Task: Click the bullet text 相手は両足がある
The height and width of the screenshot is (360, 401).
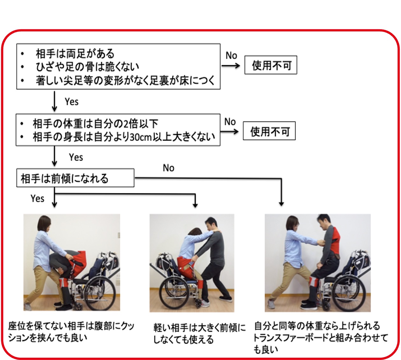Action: pos(75,53)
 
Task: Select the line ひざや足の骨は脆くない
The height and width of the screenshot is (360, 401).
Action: pos(87,67)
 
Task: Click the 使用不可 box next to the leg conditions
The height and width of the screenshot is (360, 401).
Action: pos(271,66)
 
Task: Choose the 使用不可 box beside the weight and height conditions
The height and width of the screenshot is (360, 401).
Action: pos(269,131)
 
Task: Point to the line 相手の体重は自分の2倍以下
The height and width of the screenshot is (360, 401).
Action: pos(95,123)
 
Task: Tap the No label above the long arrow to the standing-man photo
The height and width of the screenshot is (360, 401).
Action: pos(168,168)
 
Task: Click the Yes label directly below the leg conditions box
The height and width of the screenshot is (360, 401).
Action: pos(71,102)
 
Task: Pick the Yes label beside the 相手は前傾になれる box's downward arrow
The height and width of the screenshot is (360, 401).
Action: pos(37,198)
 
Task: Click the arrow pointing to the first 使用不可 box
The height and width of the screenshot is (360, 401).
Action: pos(230,66)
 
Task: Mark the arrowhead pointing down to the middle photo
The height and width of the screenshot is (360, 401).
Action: pos(195,205)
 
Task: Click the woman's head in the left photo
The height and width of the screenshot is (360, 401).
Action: pos(44,223)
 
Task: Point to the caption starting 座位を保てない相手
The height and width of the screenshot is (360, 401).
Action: pos(71,331)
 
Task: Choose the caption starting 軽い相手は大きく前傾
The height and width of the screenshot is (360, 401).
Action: pos(199,333)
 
